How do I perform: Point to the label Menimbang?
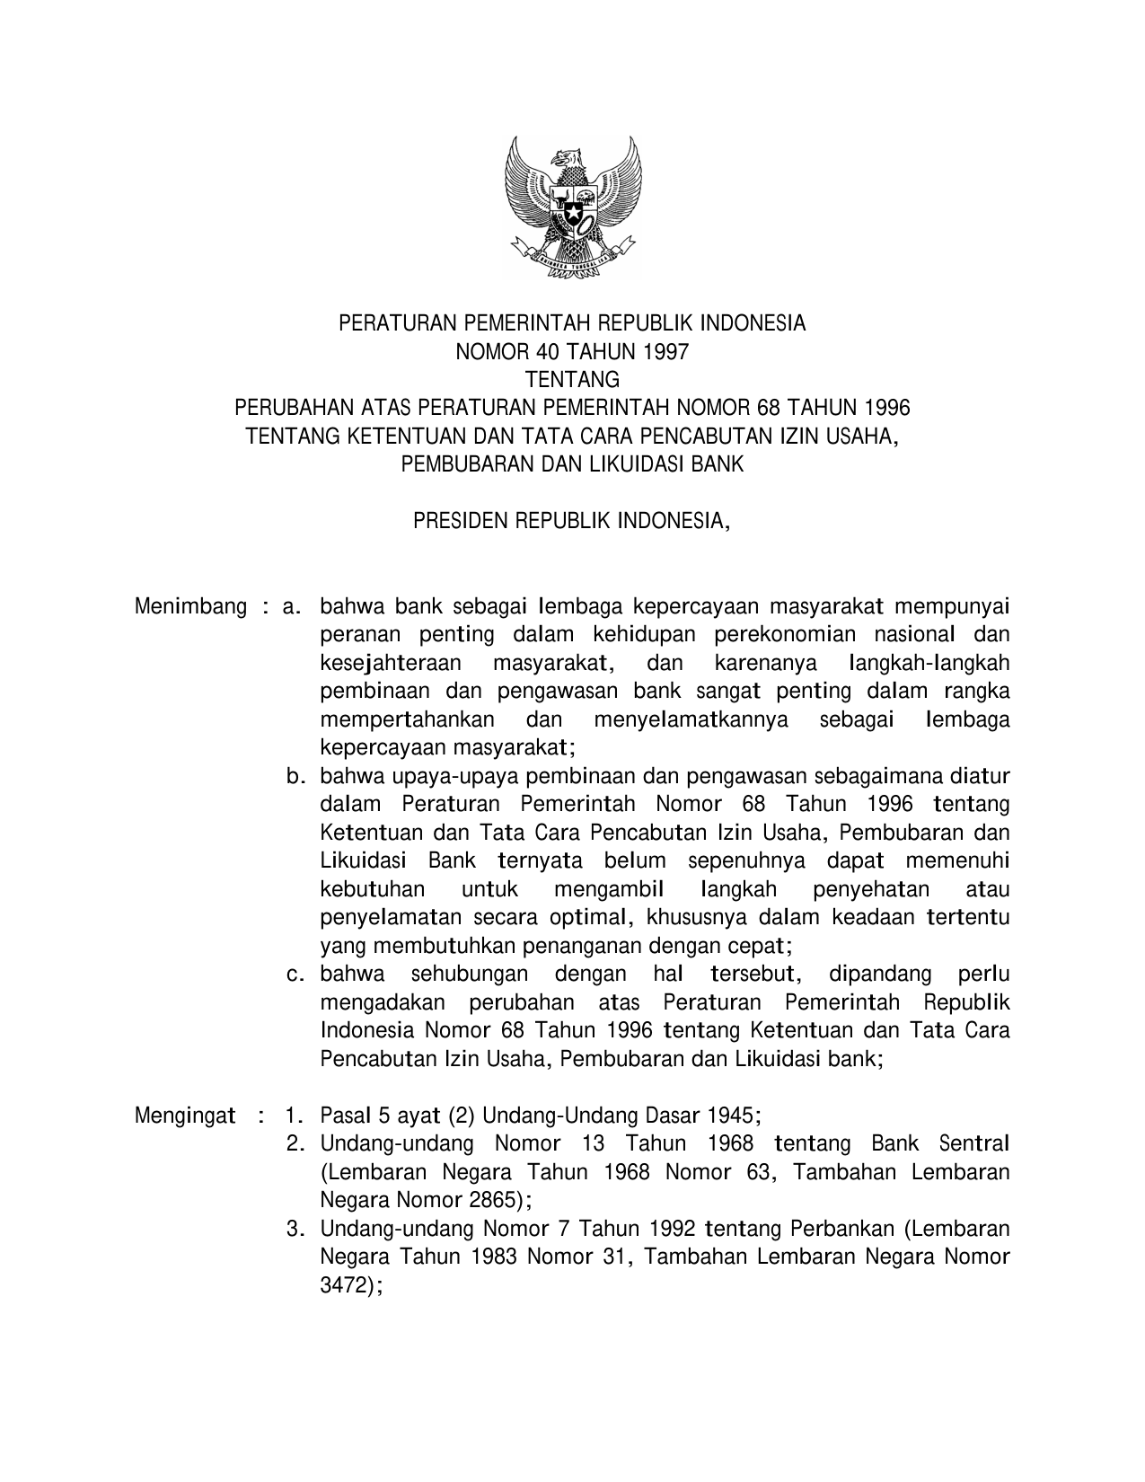[190, 607]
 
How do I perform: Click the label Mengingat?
[185, 1116]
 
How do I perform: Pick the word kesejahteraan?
[391, 664]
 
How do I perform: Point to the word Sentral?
[973, 1144]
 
